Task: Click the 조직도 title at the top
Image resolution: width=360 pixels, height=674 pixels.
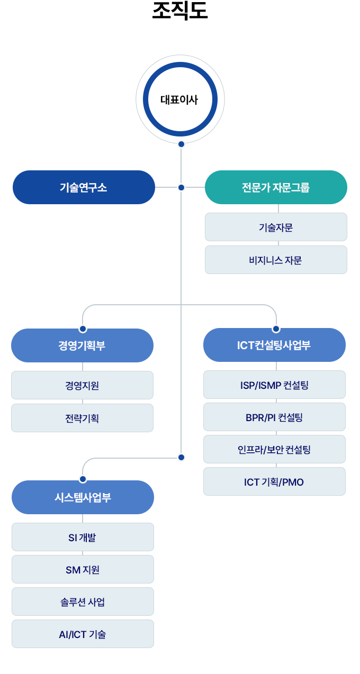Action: click(180, 11)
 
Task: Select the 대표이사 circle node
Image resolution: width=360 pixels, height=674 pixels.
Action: click(180, 99)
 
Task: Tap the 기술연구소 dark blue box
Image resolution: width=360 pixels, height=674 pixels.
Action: click(84, 187)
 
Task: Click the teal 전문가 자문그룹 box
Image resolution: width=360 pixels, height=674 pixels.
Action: click(276, 187)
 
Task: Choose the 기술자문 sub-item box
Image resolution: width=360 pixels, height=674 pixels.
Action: click(276, 227)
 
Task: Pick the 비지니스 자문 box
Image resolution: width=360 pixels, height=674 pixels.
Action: click(276, 260)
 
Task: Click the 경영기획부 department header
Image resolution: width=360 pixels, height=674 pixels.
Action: click(82, 345)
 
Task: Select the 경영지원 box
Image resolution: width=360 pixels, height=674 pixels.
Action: click(82, 385)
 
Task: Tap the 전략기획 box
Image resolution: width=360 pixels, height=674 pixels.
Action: click(82, 418)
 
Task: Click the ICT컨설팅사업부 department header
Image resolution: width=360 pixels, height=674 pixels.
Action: click(274, 345)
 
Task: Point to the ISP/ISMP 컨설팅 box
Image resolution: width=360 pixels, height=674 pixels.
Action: click(274, 385)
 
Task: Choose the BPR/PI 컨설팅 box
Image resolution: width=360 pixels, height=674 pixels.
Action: click(274, 417)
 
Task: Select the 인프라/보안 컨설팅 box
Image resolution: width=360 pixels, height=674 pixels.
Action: click(274, 449)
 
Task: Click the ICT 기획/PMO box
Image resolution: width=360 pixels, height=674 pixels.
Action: click(274, 481)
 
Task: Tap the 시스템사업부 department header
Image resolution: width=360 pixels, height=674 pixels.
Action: click(83, 497)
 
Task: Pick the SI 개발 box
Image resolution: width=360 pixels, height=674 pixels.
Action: click(83, 538)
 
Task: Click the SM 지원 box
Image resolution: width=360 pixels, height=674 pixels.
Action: click(83, 569)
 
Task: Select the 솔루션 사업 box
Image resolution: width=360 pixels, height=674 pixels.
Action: click(83, 602)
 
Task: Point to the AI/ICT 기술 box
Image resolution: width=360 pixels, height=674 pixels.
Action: click(83, 634)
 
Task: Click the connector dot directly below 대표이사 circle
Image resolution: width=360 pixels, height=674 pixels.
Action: click(181, 144)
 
